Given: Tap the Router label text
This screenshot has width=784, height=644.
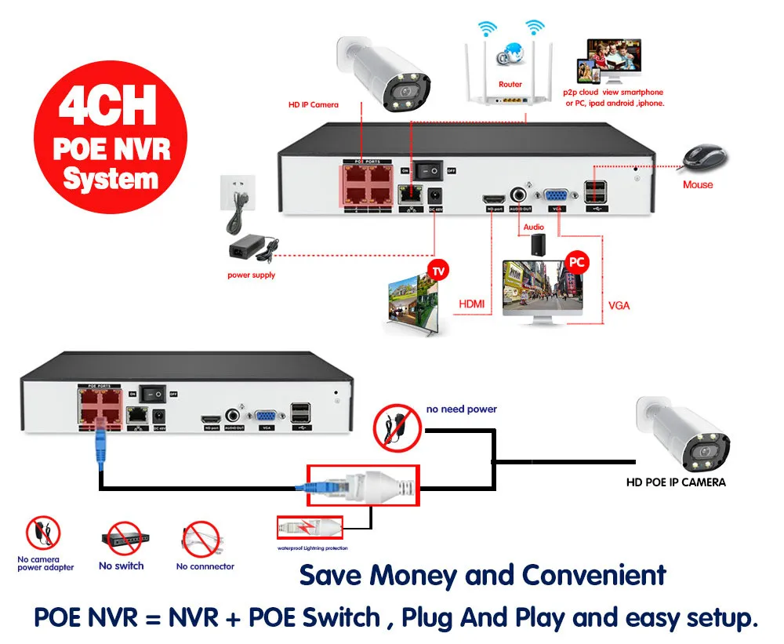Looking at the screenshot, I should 510,84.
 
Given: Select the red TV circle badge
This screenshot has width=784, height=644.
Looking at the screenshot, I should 439,271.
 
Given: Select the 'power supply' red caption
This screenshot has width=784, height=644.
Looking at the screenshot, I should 252,275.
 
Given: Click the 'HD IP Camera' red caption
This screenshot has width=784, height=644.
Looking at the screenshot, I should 313,104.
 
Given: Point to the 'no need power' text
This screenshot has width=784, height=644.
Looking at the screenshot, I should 462,409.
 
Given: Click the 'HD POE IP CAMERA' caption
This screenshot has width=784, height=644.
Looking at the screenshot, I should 676,482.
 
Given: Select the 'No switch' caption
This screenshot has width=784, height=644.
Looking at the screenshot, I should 122,566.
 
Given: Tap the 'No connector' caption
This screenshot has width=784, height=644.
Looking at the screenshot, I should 205,566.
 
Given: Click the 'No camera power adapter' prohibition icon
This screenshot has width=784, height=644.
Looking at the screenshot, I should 43,534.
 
